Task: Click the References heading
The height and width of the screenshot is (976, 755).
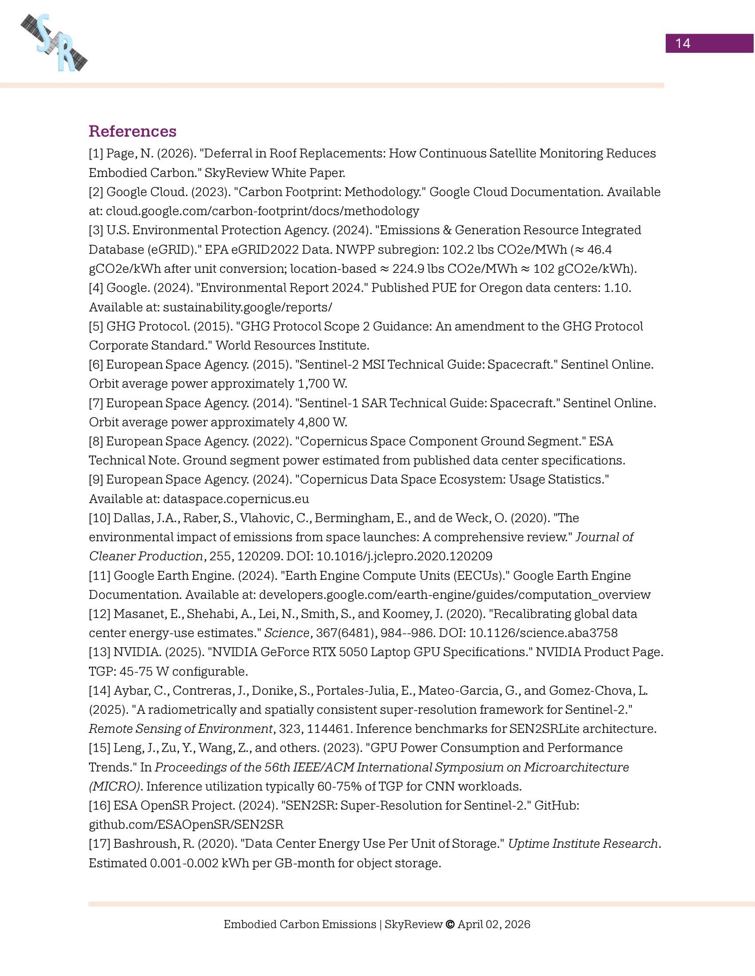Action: tap(132, 131)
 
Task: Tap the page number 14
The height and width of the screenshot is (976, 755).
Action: tap(683, 43)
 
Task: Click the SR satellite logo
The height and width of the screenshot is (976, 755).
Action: tap(54, 43)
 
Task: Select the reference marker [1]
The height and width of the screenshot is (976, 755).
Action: tap(96, 153)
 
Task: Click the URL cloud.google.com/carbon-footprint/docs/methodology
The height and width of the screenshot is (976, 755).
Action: tap(262, 211)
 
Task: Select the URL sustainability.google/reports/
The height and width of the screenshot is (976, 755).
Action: tap(247, 307)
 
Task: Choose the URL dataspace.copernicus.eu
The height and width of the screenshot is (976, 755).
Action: tap(236, 499)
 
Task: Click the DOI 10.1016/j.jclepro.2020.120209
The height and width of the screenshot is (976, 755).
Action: tap(404, 556)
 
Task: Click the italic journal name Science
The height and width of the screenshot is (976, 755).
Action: tap(287, 633)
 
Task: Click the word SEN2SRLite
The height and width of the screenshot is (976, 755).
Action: tap(544, 729)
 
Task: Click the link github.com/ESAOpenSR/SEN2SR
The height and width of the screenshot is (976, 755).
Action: tap(186, 825)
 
